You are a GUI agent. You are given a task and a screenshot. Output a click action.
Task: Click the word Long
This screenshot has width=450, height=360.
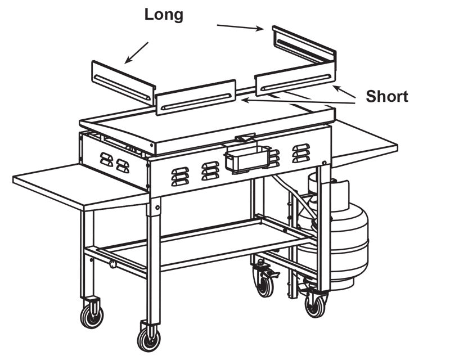[164, 15]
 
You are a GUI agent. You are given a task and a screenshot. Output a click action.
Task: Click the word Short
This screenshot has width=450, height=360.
[386, 96]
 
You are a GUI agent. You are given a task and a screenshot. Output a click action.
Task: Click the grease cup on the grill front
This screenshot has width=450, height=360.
[245, 159]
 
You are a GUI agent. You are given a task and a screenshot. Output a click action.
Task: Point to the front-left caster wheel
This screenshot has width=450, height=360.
[148, 338]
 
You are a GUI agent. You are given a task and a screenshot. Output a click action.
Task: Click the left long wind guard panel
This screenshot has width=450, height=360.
[123, 82]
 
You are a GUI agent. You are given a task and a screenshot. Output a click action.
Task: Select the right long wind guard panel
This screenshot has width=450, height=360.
[304, 45]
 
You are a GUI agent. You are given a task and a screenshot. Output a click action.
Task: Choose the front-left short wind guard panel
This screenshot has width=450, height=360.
[195, 97]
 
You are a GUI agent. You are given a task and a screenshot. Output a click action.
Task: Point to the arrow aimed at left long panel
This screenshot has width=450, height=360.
[136, 52]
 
